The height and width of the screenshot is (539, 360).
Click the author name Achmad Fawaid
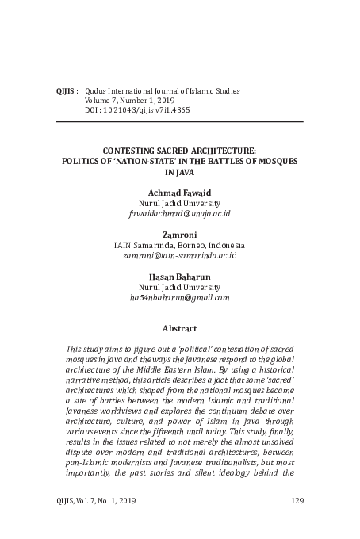pos(179,193)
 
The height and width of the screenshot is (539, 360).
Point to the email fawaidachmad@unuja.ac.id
pos(179,214)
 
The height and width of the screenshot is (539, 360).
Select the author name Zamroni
pos(179,235)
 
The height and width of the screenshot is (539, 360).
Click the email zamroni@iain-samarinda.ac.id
pos(179,256)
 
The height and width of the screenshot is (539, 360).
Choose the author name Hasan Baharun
pos(179,277)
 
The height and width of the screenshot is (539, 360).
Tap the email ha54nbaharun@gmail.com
pos(179,297)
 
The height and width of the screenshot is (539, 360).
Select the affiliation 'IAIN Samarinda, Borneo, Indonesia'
pos(179,246)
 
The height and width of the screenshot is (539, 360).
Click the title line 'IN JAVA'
pos(179,170)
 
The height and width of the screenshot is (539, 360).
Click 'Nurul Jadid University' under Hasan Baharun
pos(179,287)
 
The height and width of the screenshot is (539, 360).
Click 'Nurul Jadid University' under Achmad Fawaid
pos(179,204)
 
